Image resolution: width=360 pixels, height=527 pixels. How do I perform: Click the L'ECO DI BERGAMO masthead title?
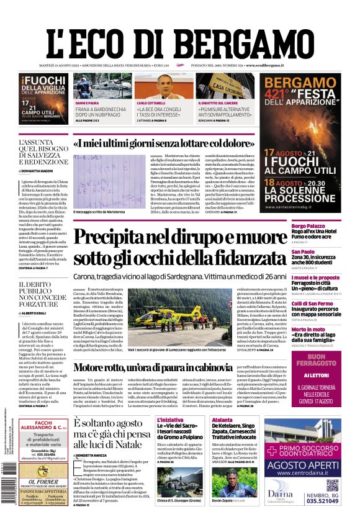click(179, 38)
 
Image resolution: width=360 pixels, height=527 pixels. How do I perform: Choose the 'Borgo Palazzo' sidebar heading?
click(308, 225)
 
